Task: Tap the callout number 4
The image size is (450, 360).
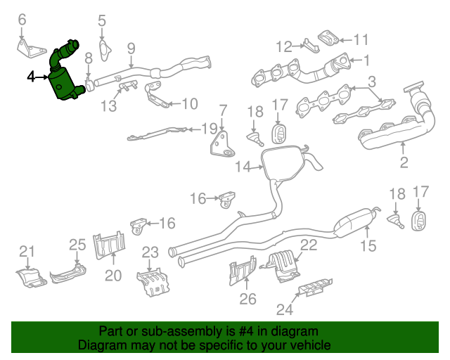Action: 31,76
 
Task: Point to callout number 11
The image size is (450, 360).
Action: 361,39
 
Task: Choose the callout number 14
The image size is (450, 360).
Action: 243,167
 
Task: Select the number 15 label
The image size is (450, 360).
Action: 368,245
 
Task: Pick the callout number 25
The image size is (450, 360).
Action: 77,245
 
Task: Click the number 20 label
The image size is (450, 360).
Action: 113,276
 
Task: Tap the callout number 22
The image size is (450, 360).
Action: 309,245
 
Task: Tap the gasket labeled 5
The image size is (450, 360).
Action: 103,49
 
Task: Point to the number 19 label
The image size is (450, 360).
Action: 210,129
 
